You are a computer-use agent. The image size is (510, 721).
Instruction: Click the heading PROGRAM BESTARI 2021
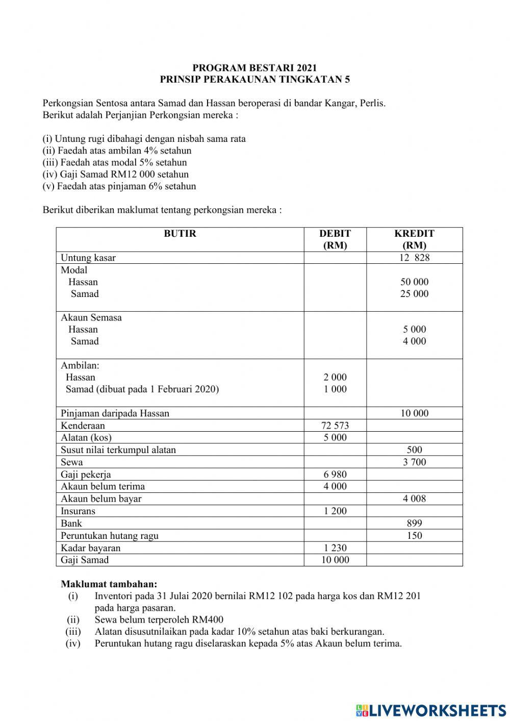pos(254,68)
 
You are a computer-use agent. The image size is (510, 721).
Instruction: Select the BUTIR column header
pos(180,234)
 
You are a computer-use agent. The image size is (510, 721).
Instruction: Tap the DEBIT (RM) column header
pos(335,239)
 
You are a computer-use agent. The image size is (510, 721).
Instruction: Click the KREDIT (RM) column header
pos(414,239)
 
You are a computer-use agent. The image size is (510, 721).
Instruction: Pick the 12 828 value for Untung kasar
pos(414,258)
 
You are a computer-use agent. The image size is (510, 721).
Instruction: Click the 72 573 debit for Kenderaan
pos(335,426)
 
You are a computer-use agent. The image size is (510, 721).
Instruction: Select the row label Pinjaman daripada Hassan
pos(115,413)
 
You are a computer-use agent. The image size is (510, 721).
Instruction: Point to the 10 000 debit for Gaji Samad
pos(335,560)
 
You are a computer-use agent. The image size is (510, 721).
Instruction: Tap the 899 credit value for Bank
pos(414,524)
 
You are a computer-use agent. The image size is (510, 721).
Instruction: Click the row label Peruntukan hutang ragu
pos(110,536)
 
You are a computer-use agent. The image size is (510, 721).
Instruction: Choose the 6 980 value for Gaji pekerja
pos(335,475)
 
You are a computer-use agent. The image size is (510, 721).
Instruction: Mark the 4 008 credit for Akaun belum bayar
pos(414,499)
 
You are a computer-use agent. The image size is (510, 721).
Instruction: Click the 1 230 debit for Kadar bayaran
pos(335,548)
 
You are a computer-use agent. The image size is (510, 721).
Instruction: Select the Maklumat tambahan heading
pos(109,584)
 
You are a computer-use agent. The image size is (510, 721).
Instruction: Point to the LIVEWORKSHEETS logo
pos(431,710)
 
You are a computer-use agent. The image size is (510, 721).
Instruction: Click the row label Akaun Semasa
pos(91,317)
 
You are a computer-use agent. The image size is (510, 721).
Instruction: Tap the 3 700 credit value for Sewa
pos(414,462)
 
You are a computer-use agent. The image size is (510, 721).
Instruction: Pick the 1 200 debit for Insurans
pos(335,511)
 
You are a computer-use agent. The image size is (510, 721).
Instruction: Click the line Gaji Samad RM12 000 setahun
pos(115,175)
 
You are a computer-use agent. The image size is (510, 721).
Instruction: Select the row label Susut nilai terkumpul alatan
pos(118,450)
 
